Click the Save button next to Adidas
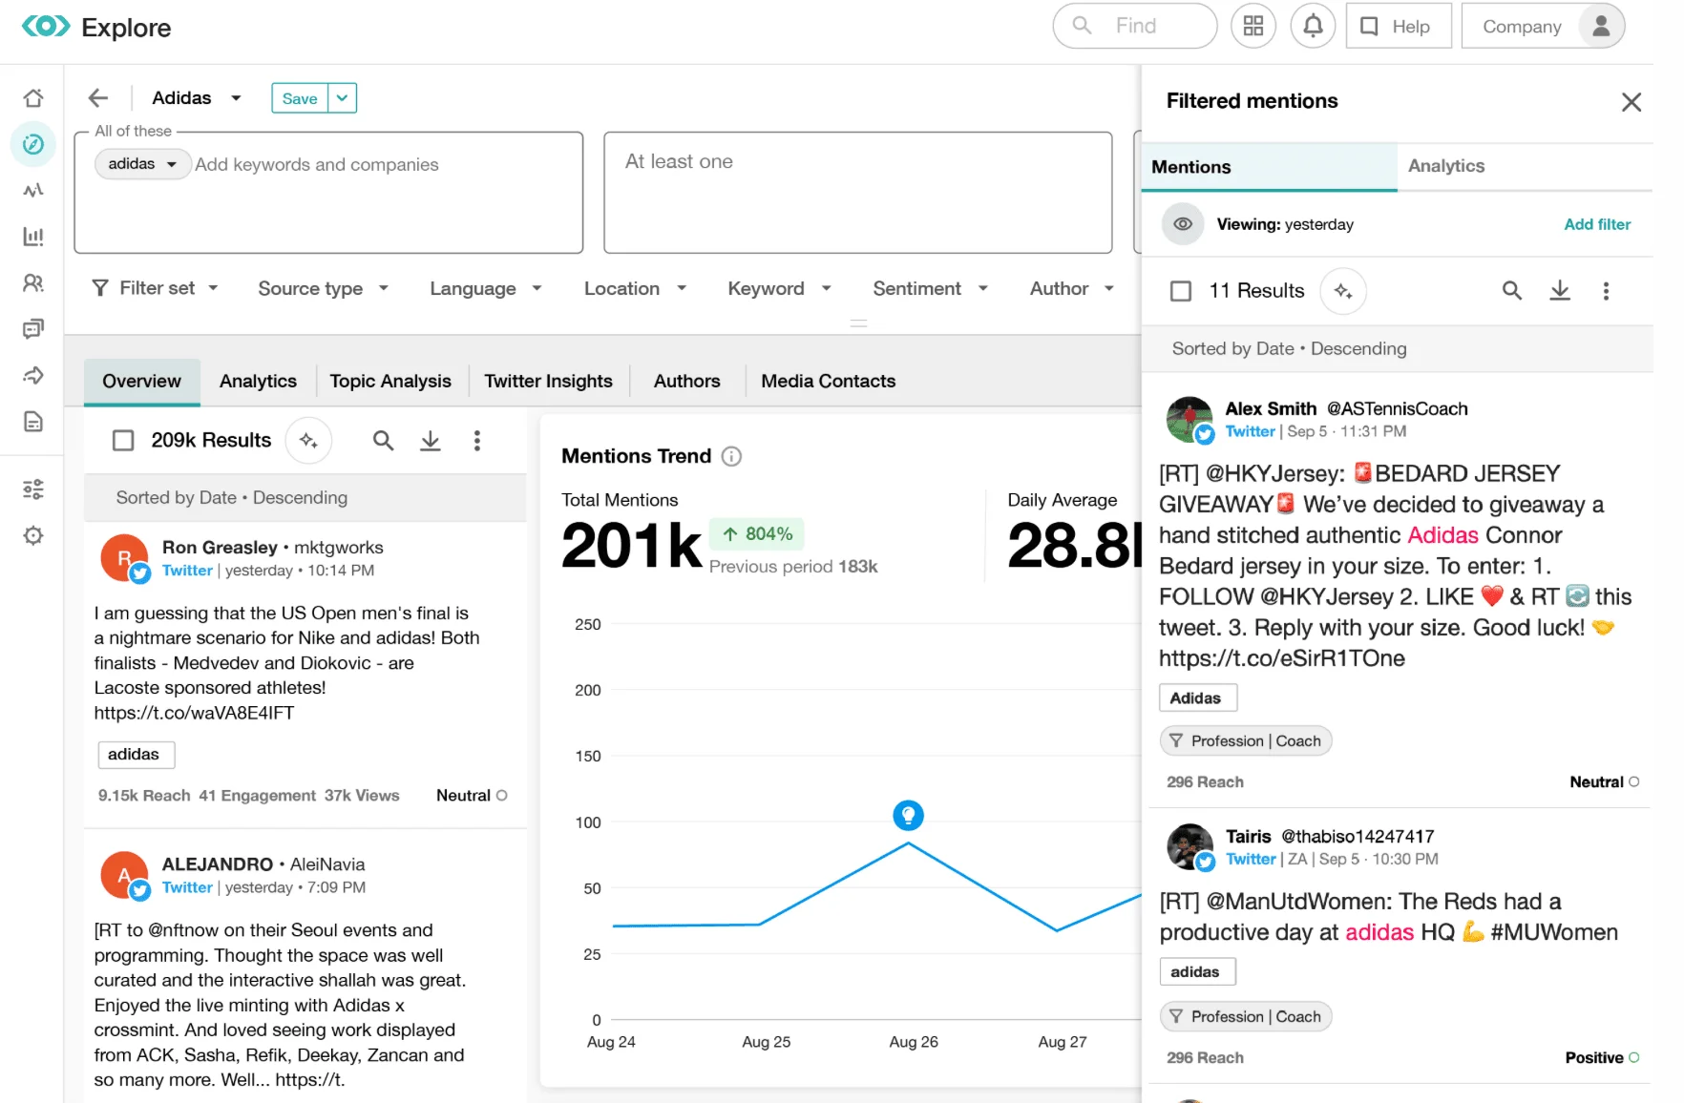pos(299,98)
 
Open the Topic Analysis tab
pos(389,381)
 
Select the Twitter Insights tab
pos(548,381)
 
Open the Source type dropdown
pos(323,288)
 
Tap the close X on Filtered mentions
pos(1631,102)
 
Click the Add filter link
pos(1596,224)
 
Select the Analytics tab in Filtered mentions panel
pos(1445,166)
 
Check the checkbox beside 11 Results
pos(1181,291)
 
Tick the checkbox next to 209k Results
pos(123,440)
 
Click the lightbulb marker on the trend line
pos(908,815)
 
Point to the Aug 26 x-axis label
pos(913,1042)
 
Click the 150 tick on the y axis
pos(588,756)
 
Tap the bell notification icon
pos(1313,26)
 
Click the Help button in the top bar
pos(1398,26)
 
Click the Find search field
pos(1135,26)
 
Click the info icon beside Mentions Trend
pos(731,456)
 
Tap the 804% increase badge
pos(757,533)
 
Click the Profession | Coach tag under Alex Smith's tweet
pos(1245,740)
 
